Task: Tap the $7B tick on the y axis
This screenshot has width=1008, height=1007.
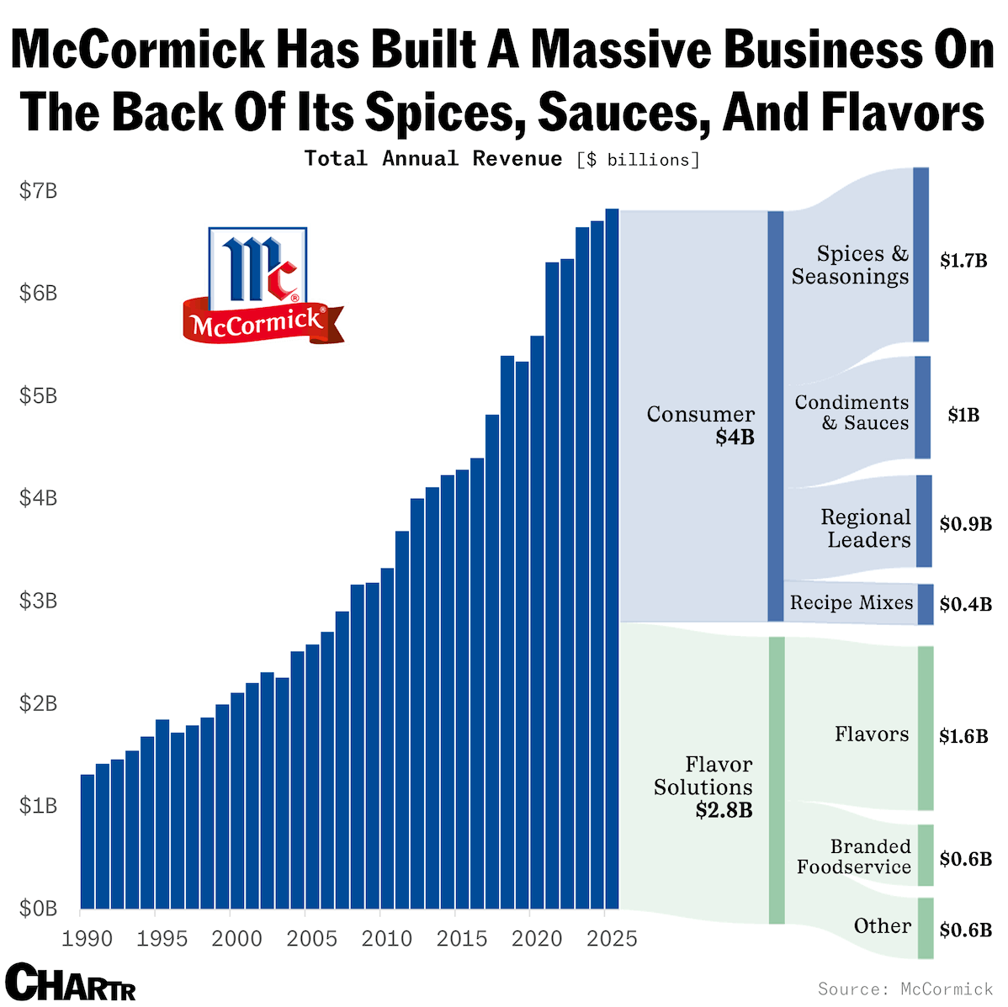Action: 39,191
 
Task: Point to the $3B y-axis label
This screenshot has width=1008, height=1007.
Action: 39,601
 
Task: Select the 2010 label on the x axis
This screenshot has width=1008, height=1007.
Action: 386,939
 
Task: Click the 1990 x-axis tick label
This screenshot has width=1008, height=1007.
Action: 88,939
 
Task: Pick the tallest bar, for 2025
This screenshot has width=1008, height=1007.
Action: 612,559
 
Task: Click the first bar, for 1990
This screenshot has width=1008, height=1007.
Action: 88,841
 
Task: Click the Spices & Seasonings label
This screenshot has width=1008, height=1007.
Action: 851,265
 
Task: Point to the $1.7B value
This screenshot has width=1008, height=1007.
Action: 963,261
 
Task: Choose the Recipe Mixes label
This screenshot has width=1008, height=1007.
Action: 851,602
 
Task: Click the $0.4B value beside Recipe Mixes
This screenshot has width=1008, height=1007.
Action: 965,604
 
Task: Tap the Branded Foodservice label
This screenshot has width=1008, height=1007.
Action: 855,856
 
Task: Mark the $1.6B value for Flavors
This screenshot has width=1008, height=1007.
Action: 963,737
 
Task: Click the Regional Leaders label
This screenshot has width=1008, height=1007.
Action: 867,528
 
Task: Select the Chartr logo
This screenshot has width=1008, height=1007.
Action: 70,982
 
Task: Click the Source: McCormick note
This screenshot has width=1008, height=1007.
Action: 905,988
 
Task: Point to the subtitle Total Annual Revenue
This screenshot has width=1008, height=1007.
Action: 433,158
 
